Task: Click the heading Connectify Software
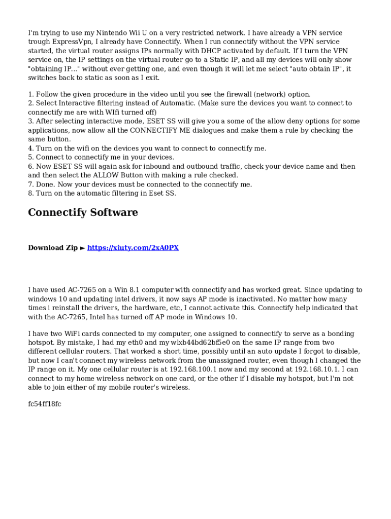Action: [x=83, y=212]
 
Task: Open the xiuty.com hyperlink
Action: [x=133, y=248]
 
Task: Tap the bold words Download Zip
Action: [x=53, y=248]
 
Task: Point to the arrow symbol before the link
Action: [x=83, y=248]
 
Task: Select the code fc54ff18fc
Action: [x=45, y=404]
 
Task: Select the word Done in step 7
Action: [x=44, y=184]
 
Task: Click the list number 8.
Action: [x=30, y=193]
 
